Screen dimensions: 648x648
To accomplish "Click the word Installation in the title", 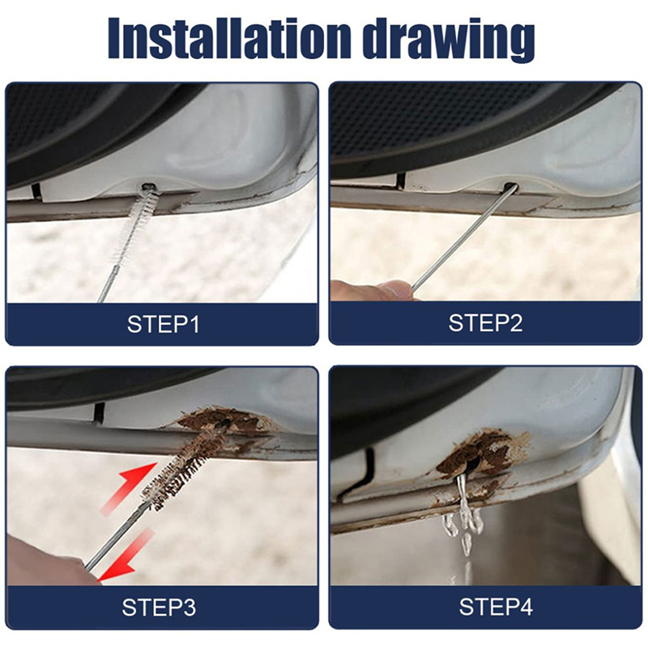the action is pos(229,39).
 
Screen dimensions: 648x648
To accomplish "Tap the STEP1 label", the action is pos(164,325).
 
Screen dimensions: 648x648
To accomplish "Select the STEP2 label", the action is pos(485,323).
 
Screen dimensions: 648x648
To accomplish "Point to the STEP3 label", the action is pos(159,607).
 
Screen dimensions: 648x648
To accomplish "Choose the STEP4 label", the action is pos(496,607).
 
